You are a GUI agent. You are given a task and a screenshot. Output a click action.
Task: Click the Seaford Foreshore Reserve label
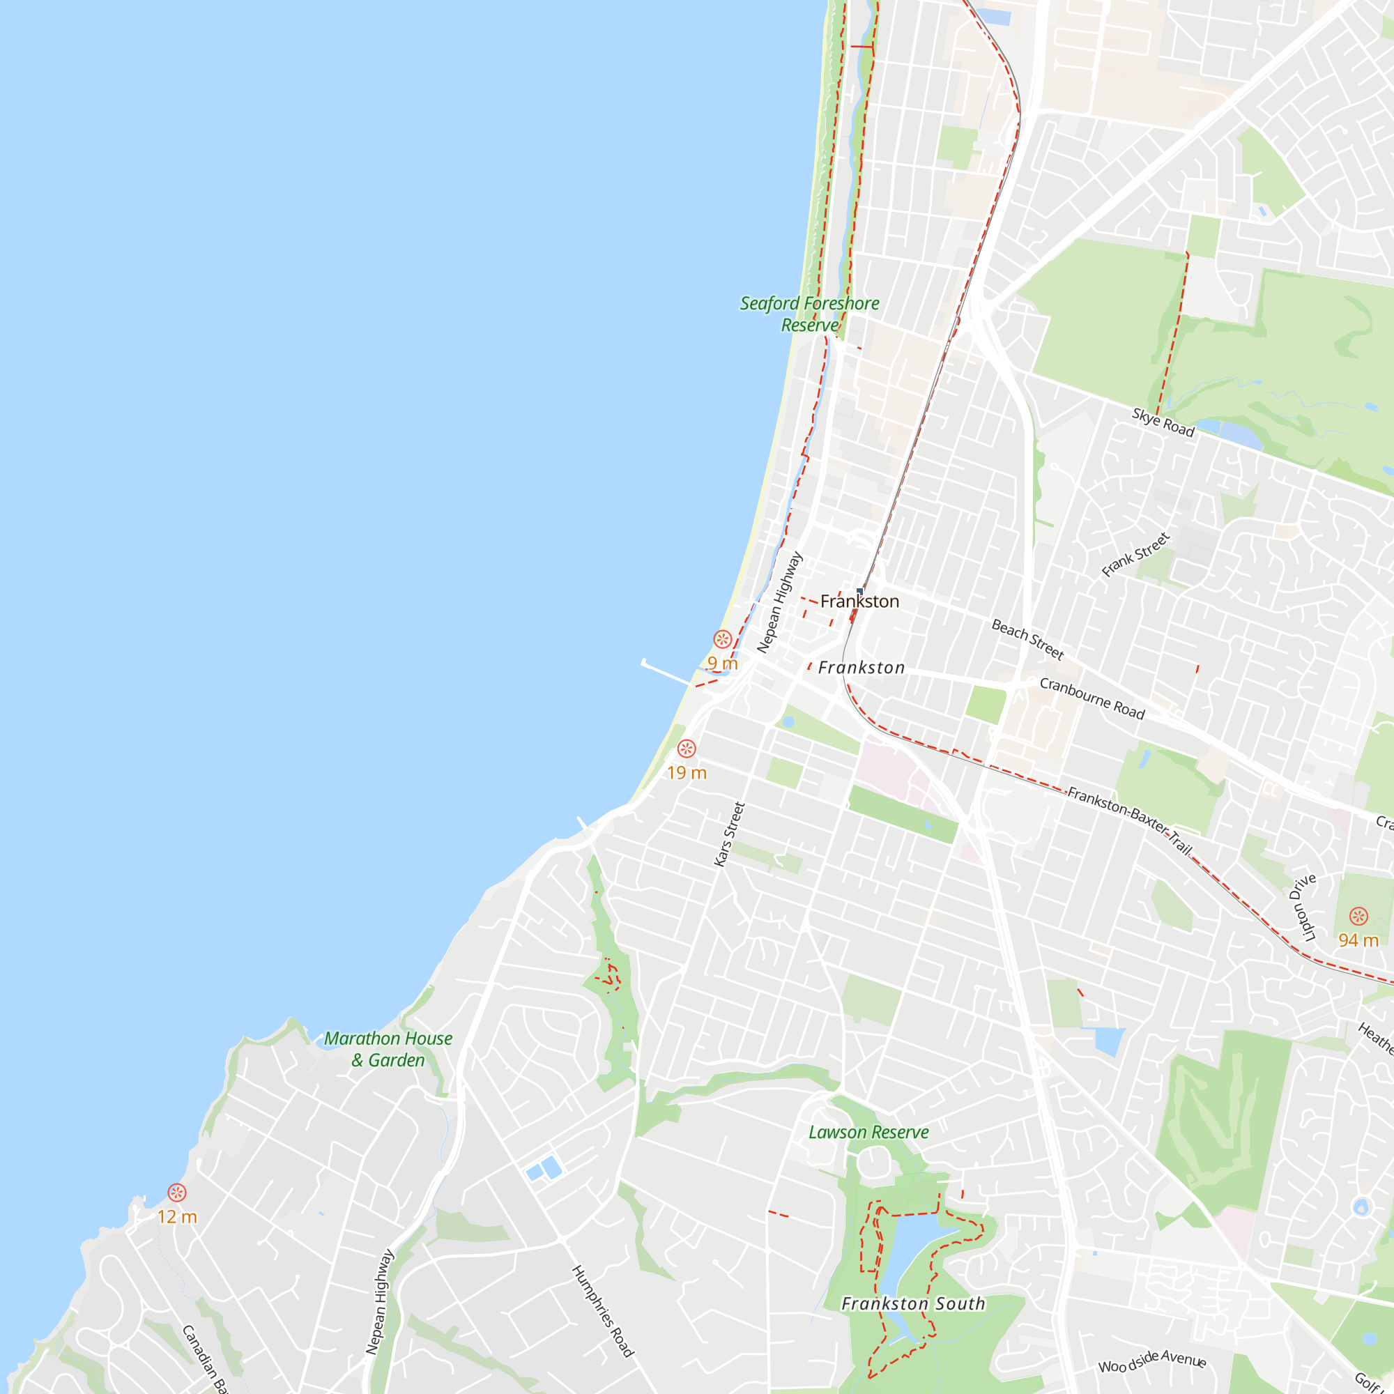pyautogui.click(x=809, y=314)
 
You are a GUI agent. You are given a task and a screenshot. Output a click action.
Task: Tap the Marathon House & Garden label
pyautogui.click(x=388, y=1049)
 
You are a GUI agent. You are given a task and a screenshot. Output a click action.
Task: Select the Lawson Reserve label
pyautogui.click(x=868, y=1132)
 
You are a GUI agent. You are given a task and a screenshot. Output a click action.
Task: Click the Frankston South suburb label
pyautogui.click(x=913, y=1303)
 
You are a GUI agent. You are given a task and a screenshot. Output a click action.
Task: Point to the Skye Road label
pyautogui.click(x=1163, y=422)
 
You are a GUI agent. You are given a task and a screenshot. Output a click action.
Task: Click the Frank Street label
pyautogui.click(x=1135, y=555)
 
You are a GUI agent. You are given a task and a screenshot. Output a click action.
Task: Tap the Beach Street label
pyautogui.click(x=1027, y=639)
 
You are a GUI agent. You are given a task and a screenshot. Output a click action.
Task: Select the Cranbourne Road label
pyautogui.click(x=1092, y=698)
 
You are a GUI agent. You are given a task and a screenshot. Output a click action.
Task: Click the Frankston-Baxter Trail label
pyautogui.click(x=1129, y=820)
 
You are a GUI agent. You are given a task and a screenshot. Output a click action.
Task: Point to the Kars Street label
pyautogui.click(x=729, y=834)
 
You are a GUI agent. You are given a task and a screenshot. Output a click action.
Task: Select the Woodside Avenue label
pyautogui.click(x=1152, y=1361)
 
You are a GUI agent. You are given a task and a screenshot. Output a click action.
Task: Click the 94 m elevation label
pyautogui.click(x=1358, y=940)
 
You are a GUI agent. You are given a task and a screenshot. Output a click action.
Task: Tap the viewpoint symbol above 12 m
pyautogui.click(x=177, y=1193)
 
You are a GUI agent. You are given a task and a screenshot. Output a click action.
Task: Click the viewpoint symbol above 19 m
pyautogui.click(x=686, y=749)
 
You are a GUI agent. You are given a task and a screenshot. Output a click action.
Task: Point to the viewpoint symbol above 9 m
pyautogui.click(x=722, y=639)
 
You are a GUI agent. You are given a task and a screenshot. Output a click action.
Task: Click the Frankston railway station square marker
pyautogui.click(x=859, y=591)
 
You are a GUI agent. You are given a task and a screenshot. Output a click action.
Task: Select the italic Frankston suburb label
pyautogui.click(x=861, y=668)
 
